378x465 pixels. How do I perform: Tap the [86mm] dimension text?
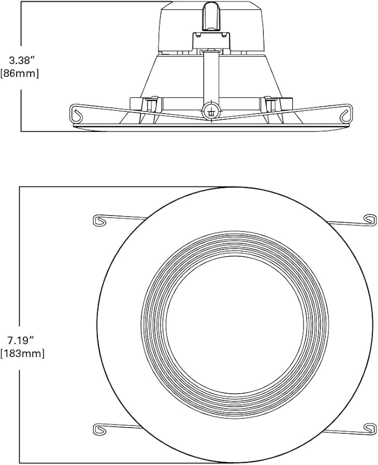point(19,74)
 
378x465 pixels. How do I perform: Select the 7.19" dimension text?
point(19,341)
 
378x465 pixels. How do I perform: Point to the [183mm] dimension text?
point(22,354)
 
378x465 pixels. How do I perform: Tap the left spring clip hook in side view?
point(76,114)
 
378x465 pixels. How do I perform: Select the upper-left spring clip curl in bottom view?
point(100,221)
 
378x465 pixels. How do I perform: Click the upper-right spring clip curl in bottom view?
point(370,220)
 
